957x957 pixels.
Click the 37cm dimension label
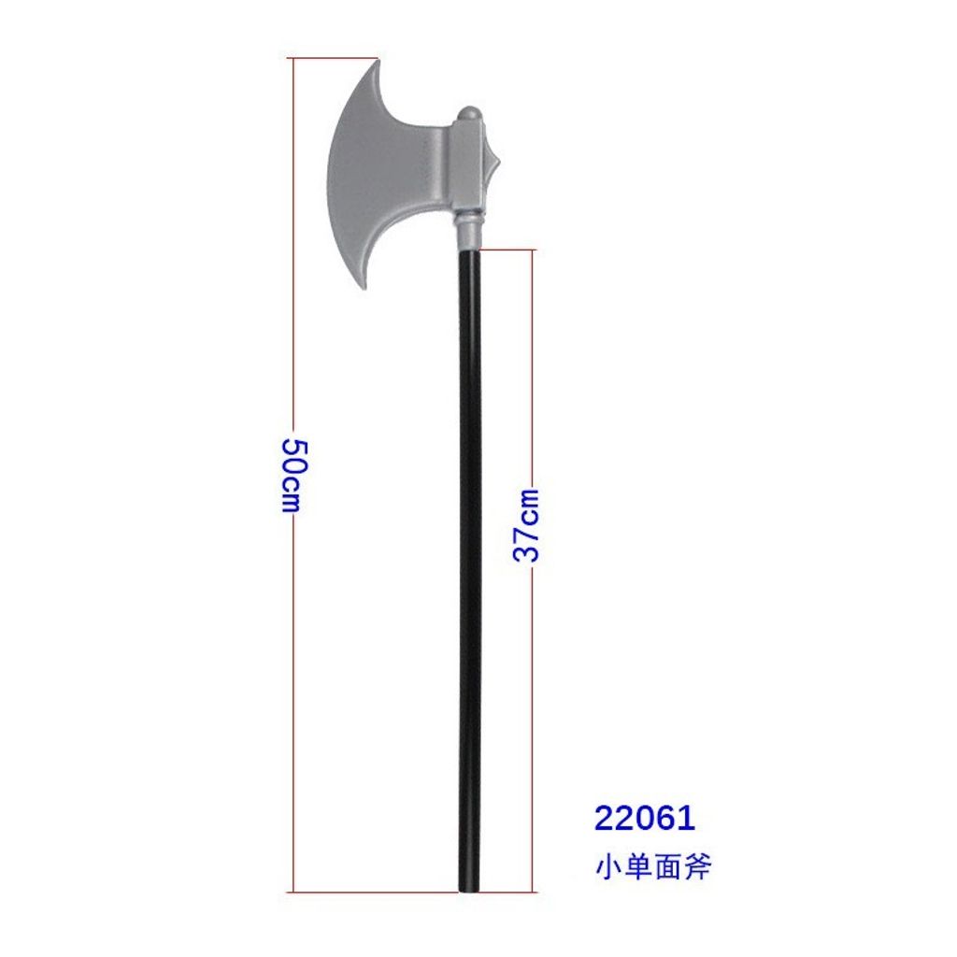click(x=526, y=525)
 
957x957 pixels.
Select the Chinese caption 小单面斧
click(x=653, y=866)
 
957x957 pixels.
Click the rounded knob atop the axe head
click(x=470, y=114)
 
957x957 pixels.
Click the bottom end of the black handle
click(x=470, y=891)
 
